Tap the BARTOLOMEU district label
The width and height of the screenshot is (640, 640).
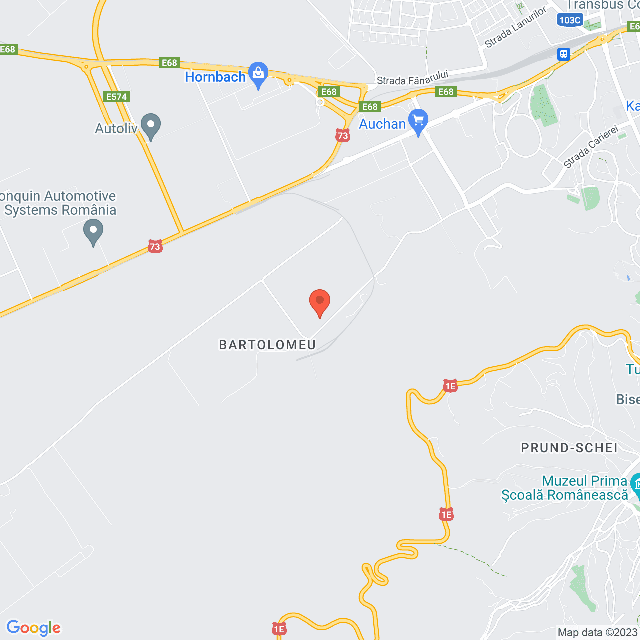click(x=267, y=345)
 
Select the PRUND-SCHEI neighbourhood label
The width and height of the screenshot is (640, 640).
click(x=569, y=448)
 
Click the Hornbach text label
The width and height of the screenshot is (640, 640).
click(x=215, y=77)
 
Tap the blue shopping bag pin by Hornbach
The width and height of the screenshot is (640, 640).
click(x=258, y=74)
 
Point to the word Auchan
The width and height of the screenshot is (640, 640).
click(x=382, y=124)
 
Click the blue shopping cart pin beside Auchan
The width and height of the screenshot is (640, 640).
click(x=418, y=121)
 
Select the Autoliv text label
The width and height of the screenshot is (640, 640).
click(x=116, y=128)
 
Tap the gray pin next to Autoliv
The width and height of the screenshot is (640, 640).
click(x=151, y=126)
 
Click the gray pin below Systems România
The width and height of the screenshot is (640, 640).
click(x=93, y=232)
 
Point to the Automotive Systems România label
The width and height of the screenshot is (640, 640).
click(x=58, y=203)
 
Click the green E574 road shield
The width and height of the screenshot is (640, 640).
click(x=116, y=97)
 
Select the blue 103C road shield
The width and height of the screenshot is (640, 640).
click(x=570, y=20)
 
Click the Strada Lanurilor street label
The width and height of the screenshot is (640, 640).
click(x=515, y=28)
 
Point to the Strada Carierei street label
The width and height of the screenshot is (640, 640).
click(x=591, y=148)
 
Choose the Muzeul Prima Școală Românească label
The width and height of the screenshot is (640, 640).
click(x=565, y=488)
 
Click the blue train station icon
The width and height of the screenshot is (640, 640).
click(x=564, y=54)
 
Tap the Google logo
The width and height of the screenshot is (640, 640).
click(x=34, y=628)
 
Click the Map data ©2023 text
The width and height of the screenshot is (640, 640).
click(x=598, y=632)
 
